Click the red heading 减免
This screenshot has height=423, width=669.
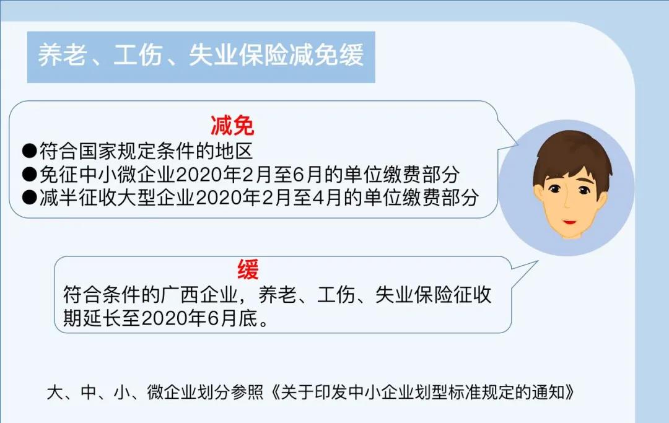coord(232,125)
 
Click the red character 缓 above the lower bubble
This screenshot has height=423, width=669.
coord(248,269)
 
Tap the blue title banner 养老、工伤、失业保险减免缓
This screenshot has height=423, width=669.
coord(201,57)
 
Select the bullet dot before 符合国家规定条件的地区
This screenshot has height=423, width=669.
coord(30,151)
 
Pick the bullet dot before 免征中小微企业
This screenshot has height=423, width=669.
coord(30,174)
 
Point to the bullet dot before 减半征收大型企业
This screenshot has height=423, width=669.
coord(30,197)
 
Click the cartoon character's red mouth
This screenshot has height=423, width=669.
coord(569,222)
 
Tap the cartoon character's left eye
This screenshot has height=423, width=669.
coord(554,189)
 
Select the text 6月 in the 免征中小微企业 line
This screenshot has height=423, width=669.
coord(307,174)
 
